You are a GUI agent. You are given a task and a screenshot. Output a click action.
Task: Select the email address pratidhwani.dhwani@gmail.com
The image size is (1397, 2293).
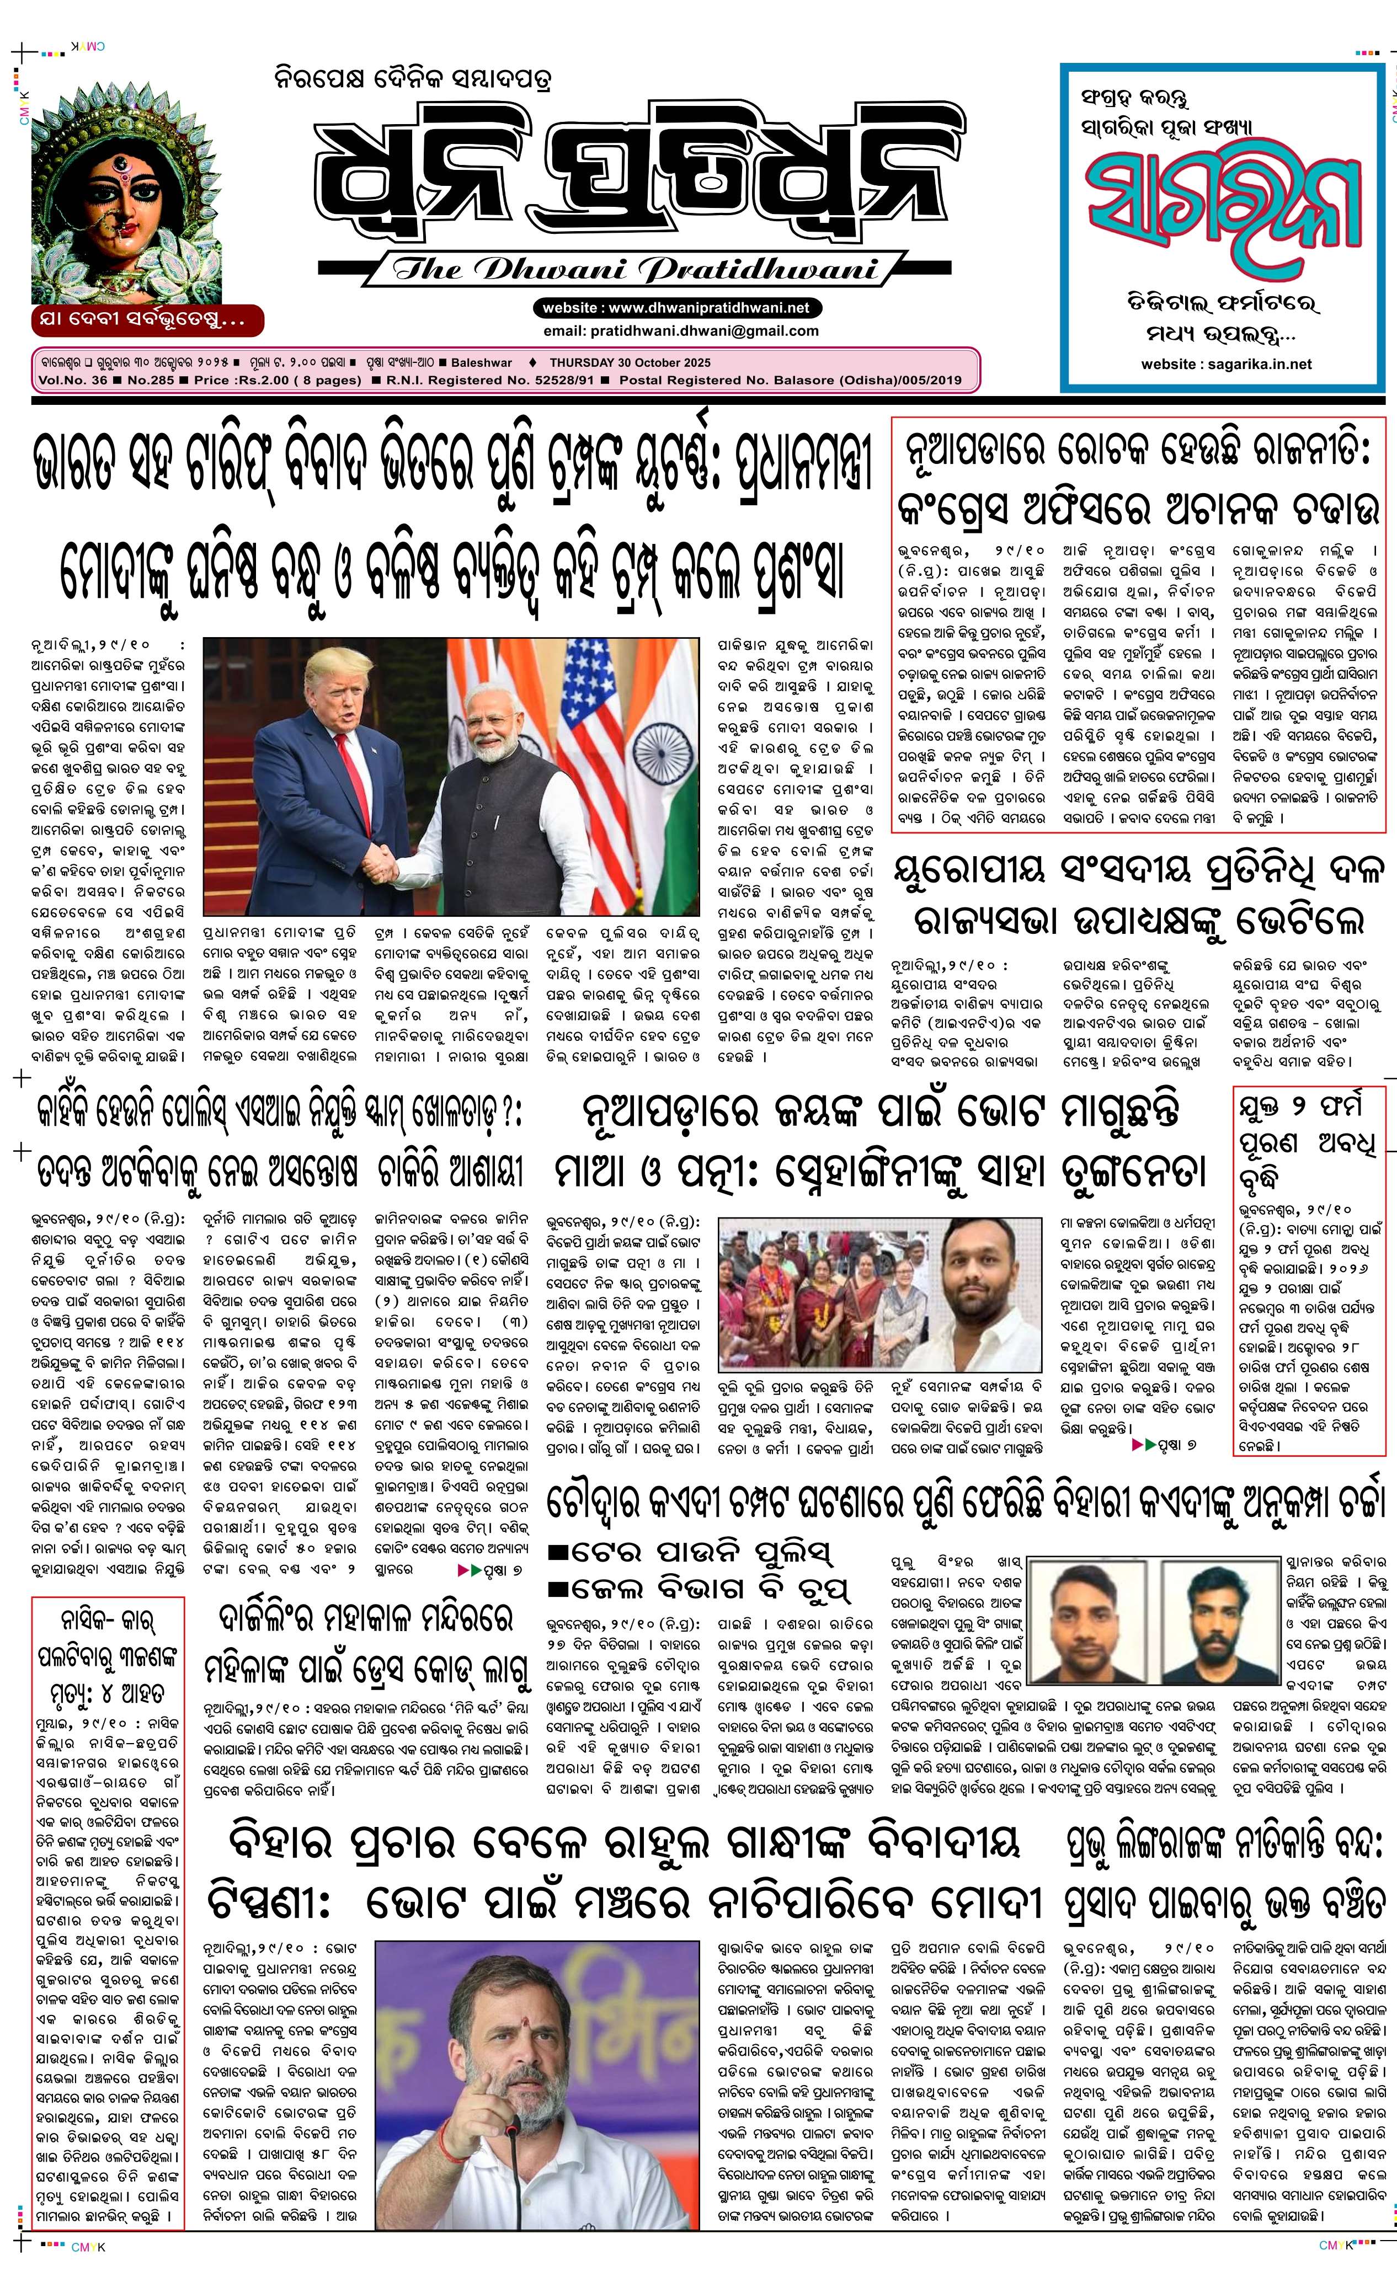[680, 330]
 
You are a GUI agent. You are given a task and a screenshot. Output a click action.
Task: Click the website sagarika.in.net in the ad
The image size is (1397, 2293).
[1226, 364]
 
